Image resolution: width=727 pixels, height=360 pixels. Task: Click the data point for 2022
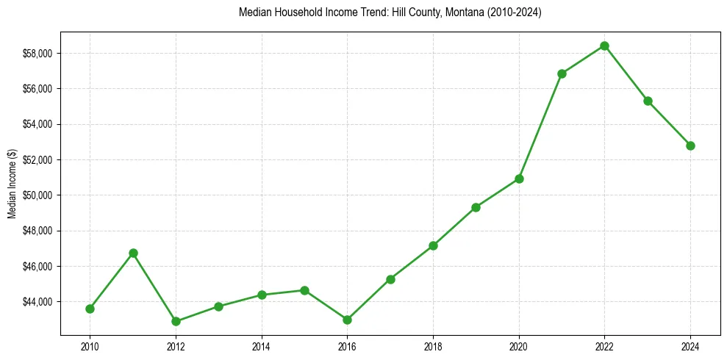pos(604,46)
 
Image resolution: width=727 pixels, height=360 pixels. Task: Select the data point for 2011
pos(133,253)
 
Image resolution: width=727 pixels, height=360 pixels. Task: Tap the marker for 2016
pos(347,320)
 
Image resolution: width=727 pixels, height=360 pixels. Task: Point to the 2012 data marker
pos(176,321)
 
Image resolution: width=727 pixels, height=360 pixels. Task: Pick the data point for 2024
pos(690,145)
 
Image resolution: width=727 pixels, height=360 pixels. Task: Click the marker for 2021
pos(562,73)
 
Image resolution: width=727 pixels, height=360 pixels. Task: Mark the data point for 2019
pos(476,207)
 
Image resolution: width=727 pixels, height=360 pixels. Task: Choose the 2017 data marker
pos(390,279)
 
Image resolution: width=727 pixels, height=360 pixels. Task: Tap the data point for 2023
pos(648,101)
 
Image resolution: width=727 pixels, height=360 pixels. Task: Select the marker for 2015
pos(304,290)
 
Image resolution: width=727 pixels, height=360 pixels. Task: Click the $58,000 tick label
pos(37,54)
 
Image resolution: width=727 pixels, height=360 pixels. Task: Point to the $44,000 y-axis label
pos(37,302)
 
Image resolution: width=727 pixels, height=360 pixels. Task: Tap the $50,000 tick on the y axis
pos(37,195)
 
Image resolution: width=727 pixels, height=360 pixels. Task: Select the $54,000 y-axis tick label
pos(37,124)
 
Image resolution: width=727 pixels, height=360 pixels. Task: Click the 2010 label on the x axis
pos(90,345)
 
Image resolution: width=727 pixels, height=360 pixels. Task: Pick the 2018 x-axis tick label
pos(433,345)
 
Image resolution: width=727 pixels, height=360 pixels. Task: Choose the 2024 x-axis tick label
pos(690,345)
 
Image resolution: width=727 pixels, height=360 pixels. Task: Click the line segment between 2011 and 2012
pos(154,287)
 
